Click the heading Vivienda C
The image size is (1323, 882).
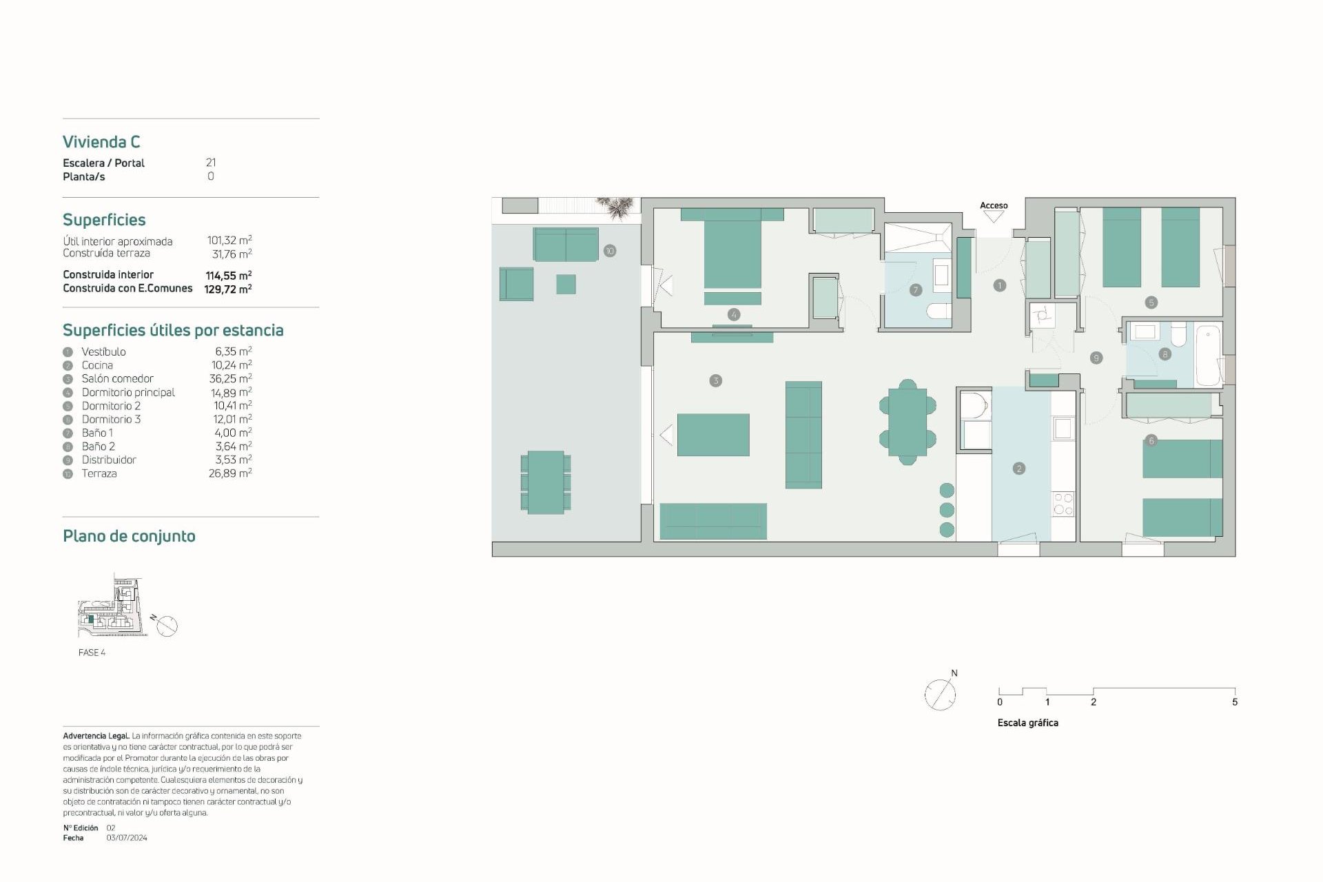coord(101,142)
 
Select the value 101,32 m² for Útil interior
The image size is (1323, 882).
coord(229,240)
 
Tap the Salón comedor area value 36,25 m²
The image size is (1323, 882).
coord(230,378)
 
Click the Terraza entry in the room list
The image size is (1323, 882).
coord(99,473)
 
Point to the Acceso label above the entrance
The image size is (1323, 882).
coord(993,205)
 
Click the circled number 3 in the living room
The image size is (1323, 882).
coord(715,380)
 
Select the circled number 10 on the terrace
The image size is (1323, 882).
coord(609,251)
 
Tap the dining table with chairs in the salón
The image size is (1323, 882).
coord(907,422)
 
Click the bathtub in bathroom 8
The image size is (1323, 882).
coord(1207,356)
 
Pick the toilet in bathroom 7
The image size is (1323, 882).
coord(937,311)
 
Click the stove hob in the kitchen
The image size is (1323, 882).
coord(1063,504)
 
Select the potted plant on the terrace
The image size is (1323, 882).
coord(615,207)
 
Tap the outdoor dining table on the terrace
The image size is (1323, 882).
coord(546,482)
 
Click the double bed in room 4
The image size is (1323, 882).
coord(732,252)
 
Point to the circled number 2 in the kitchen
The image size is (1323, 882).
coord(1019,469)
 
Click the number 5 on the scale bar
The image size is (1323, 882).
coord(1234,702)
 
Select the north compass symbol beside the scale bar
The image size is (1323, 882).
coord(940,694)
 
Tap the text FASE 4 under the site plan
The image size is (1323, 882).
coord(92,653)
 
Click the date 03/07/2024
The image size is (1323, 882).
coord(127,838)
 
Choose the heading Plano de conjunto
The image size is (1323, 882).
coord(129,536)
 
